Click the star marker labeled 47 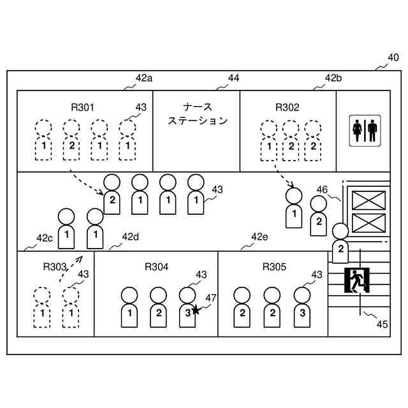[x=196, y=310]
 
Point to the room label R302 [x=287, y=107]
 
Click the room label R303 [x=55, y=266]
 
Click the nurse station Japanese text [x=197, y=113]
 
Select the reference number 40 [x=394, y=58]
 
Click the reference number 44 [x=233, y=78]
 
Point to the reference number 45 [x=382, y=324]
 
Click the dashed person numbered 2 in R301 [x=71, y=140]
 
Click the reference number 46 [x=323, y=189]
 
